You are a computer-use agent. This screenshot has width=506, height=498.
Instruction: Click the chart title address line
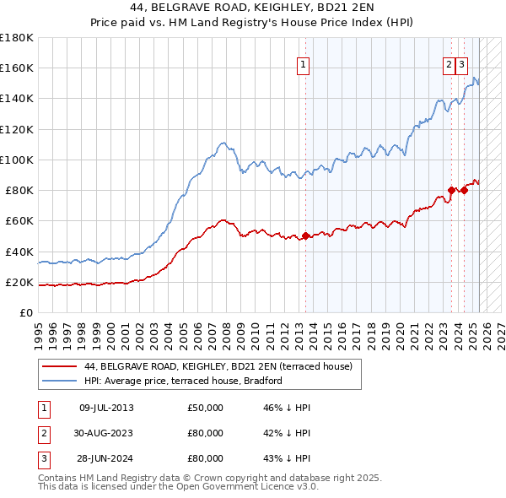pyautogui.click(x=253, y=8)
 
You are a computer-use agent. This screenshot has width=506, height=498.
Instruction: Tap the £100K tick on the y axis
pyautogui.click(x=17, y=160)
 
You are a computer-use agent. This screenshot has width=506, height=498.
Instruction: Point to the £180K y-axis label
pyautogui.click(x=17, y=38)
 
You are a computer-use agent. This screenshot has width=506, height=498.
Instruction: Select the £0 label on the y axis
pyautogui.click(x=26, y=312)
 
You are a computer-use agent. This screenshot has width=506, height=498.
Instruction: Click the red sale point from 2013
pyautogui.click(x=305, y=236)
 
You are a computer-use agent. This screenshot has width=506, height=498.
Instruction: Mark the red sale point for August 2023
pyautogui.click(x=452, y=190)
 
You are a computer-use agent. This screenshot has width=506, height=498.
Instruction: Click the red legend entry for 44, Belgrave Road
pyautogui.click(x=223, y=366)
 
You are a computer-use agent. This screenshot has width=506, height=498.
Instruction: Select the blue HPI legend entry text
pyautogui.click(x=182, y=381)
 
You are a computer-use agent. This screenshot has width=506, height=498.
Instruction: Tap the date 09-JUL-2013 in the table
pyautogui.click(x=106, y=408)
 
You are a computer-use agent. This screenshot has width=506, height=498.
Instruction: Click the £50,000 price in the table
pyautogui.click(x=205, y=408)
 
